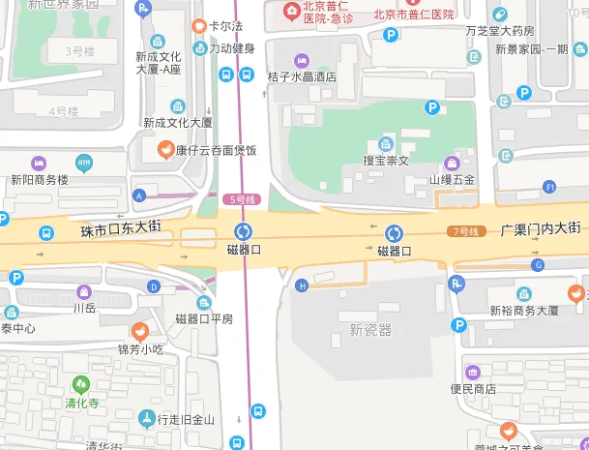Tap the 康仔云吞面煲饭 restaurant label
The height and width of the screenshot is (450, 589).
[x=209, y=150]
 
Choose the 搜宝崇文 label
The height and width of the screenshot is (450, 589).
[x=386, y=160]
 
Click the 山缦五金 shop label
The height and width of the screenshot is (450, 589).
[x=452, y=179]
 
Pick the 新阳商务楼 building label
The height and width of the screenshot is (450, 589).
[x=40, y=179]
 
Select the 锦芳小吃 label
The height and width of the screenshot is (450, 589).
[x=140, y=348]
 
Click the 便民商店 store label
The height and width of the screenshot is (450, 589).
[x=473, y=388]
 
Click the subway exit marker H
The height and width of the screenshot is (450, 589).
[x=302, y=285]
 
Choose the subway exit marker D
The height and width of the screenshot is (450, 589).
[x=154, y=286]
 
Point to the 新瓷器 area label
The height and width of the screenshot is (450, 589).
[x=371, y=330]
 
